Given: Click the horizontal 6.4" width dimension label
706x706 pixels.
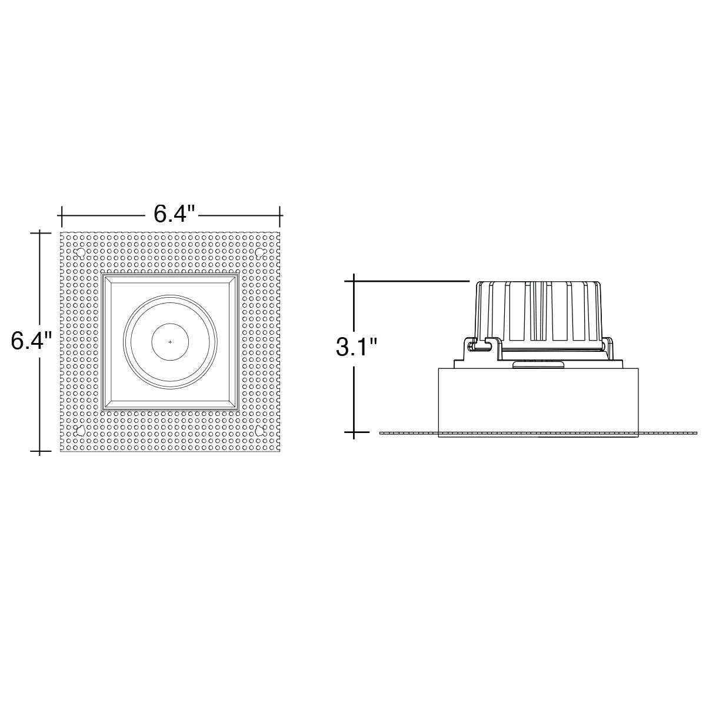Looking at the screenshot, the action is (x=174, y=214).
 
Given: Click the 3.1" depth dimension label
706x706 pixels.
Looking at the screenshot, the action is (x=357, y=347).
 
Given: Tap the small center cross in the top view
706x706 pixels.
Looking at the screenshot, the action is (x=171, y=342).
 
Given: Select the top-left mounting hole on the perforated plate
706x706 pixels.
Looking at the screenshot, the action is (x=80, y=252).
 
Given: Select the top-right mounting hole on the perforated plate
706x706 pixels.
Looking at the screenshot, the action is (x=260, y=252).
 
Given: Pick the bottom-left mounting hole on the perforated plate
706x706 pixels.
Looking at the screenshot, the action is (x=80, y=431).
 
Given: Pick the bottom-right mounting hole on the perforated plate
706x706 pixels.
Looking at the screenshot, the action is (x=260, y=431).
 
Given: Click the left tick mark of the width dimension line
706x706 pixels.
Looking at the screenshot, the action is (x=62, y=216).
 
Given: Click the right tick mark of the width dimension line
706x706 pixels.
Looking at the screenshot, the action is (x=280, y=216).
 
